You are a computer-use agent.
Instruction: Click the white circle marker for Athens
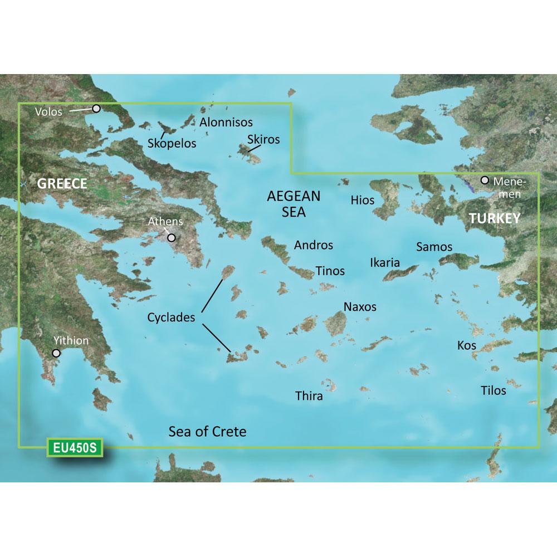(x=172, y=238)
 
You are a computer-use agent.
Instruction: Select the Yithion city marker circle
(x=56, y=353)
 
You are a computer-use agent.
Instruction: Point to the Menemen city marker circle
(x=485, y=180)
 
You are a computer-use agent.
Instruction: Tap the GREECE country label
(x=62, y=184)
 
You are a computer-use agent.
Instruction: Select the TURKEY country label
(x=494, y=218)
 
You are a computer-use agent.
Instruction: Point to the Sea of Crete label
(x=207, y=432)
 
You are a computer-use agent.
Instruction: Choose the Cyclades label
(x=171, y=318)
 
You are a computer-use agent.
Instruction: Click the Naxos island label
(x=360, y=306)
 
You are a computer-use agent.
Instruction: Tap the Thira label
(x=309, y=397)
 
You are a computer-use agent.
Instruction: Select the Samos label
(x=434, y=247)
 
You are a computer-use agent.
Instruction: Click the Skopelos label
(x=172, y=143)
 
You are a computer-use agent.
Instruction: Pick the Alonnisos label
(x=226, y=122)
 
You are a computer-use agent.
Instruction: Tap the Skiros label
(x=264, y=139)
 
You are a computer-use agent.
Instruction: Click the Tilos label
(x=494, y=390)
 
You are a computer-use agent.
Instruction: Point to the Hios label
(x=363, y=200)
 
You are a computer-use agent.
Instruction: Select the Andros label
(x=314, y=245)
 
